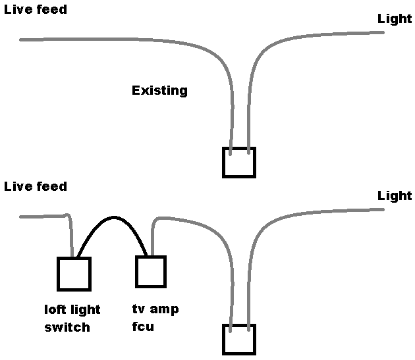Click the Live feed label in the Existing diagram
pyautogui.click(x=36, y=10)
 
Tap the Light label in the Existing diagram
pyautogui.click(x=394, y=18)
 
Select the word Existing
pyautogui.click(x=159, y=90)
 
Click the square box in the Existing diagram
pyautogui.click(x=238, y=163)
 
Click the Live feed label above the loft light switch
pyautogui.click(x=36, y=186)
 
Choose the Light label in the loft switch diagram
pyautogui.click(x=394, y=195)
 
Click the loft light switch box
pyautogui.click(x=74, y=274)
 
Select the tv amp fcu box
pyautogui.click(x=151, y=271)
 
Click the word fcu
pyautogui.click(x=143, y=326)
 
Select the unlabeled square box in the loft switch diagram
pyautogui.click(x=238, y=340)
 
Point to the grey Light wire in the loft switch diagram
pyautogui.click(x=316, y=213)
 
